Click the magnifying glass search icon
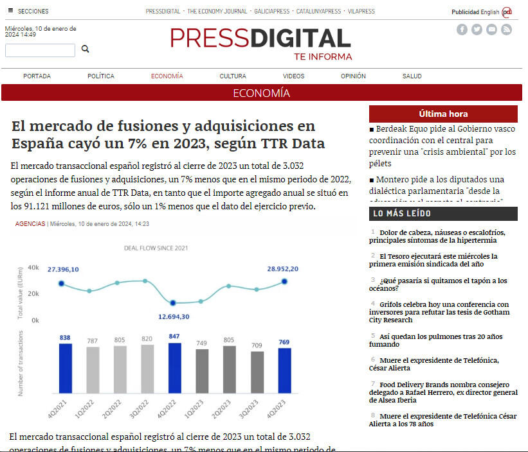point(85,49)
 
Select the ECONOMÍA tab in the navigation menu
point(167,76)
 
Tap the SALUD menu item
point(412,76)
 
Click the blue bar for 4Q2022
point(175,368)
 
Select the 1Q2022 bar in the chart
point(93,370)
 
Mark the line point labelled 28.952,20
point(284,281)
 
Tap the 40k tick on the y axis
point(33,268)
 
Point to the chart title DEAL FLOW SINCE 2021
point(156,248)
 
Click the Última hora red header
point(443,114)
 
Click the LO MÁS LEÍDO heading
point(402,214)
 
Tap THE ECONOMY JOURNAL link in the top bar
point(217,12)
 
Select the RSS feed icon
point(506,30)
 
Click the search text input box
point(40,50)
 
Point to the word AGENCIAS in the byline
point(30,224)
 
